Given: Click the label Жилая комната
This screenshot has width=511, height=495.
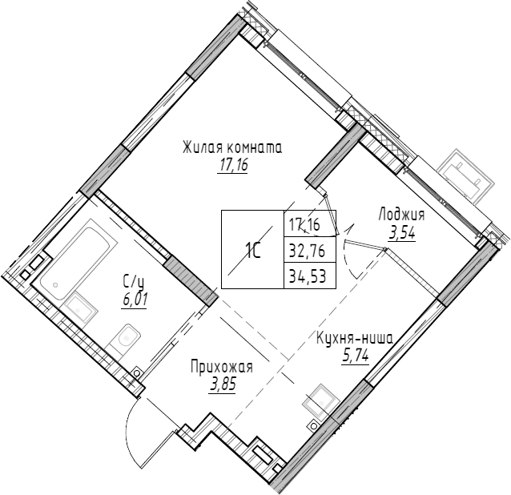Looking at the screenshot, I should pos(232,148).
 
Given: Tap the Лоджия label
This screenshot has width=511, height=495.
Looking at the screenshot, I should pos(401,215).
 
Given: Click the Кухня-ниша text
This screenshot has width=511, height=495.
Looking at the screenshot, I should pos(355,339).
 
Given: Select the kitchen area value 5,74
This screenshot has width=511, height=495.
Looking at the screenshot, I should pos(355,356).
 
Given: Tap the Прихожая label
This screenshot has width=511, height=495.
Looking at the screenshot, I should pos(221,368).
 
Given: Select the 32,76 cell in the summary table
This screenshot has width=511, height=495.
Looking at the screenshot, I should pos(309,250).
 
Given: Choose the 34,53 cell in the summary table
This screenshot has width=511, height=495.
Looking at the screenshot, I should pos(309,277).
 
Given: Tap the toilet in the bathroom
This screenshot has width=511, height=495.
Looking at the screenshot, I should pos(126,340).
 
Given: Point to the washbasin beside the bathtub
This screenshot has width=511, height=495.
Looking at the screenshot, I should pos(78,306).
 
